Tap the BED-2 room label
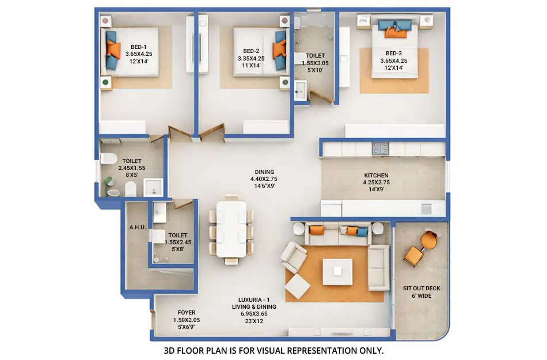(x=250, y=51)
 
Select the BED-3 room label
(x=394, y=53)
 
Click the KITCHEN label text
(x=376, y=176)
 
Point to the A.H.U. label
(x=137, y=227)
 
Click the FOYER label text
(x=186, y=313)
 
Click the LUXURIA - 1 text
(x=257, y=300)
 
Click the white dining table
(x=231, y=229)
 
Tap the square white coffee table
(x=337, y=271)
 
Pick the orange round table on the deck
(x=429, y=240)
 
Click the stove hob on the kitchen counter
(x=380, y=149)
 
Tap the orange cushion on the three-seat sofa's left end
(x=317, y=230)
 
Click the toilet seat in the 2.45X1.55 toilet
(x=108, y=159)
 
